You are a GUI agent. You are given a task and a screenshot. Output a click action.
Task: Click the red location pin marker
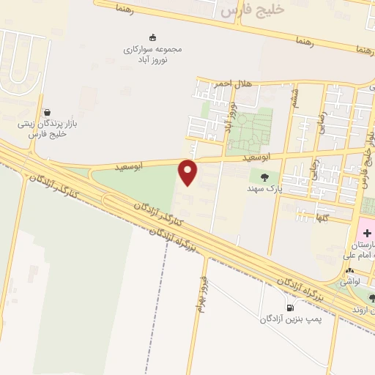pyautogui.click(x=189, y=172)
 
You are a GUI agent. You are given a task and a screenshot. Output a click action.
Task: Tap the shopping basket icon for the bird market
pyautogui.click(x=47, y=113)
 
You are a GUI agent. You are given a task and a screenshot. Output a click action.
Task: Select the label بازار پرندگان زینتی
pyautogui.click(x=47, y=125)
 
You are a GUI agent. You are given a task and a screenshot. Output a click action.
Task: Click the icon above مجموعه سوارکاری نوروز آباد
pyautogui.click(x=152, y=37)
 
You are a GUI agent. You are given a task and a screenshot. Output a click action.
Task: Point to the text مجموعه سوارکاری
pyautogui.click(x=152, y=48)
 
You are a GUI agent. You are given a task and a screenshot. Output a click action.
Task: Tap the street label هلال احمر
pyautogui.click(x=233, y=83)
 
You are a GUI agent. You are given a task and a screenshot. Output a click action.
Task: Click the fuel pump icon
pyautogui.click(x=290, y=308)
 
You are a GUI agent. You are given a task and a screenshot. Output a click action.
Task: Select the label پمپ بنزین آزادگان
pyautogui.click(x=290, y=320)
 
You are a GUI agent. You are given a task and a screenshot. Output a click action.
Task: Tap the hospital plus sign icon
pyautogui.click(x=367, y=232)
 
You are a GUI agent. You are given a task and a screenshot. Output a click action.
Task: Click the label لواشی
pyautogui.click(x=350, y=281)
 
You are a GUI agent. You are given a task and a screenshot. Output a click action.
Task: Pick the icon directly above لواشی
pyautogui.click(x=350, y=270)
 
